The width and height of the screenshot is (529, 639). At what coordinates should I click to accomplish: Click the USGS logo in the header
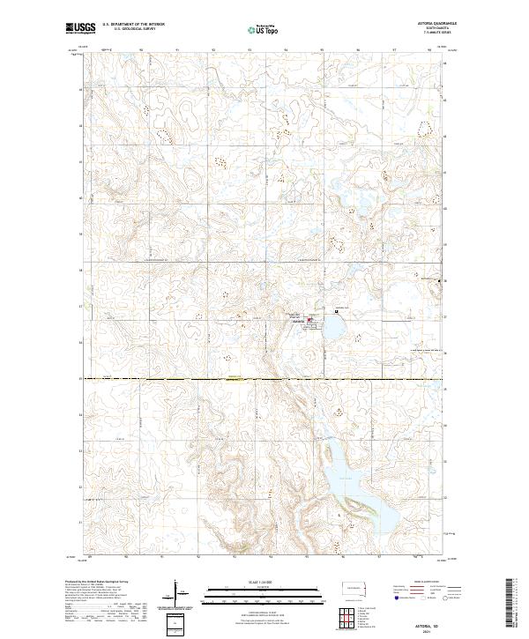click(x=80, y=29)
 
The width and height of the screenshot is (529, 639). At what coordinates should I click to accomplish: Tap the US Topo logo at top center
click(x=264, y=30)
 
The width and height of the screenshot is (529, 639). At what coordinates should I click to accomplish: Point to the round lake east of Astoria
click(x=335, y=331)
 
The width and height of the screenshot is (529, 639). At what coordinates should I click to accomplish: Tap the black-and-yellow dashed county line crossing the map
click(x=264, y=380)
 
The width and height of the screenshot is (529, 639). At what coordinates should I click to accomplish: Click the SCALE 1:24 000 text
click(x=264, y=582)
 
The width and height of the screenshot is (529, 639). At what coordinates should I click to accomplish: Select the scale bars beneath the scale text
click(x=264, y=596)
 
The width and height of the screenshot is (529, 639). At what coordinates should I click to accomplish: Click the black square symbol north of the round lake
click(x=336, y=310)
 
